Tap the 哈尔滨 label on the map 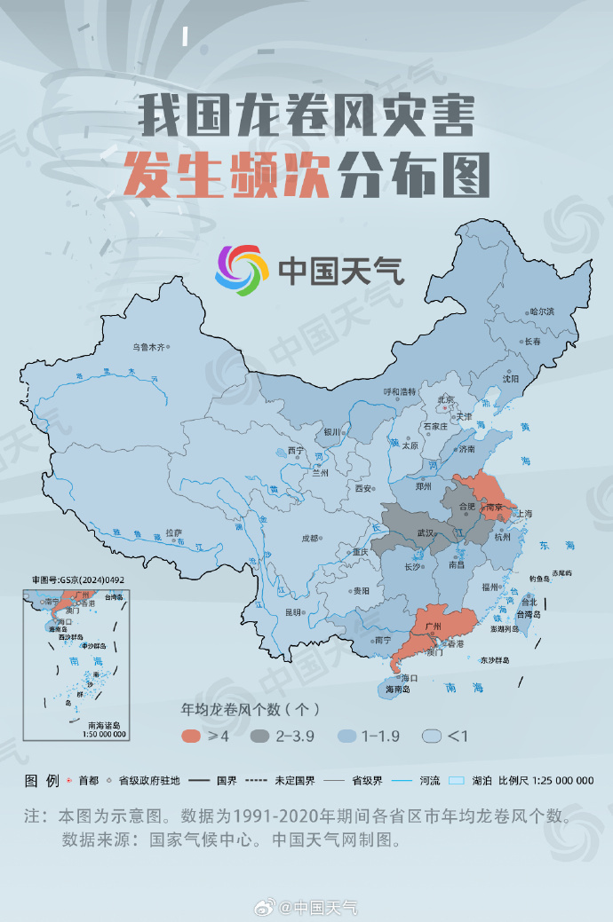point(541,311)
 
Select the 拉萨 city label point(173,532)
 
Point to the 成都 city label point(309,538)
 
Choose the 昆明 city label point(292,612)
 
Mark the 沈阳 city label point(510,378)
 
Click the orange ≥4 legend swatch point(191,736)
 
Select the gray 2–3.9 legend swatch point(260,736)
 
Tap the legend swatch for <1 point(433,736)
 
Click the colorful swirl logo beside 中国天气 point(241,270)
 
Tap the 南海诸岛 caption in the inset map point(104,725)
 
